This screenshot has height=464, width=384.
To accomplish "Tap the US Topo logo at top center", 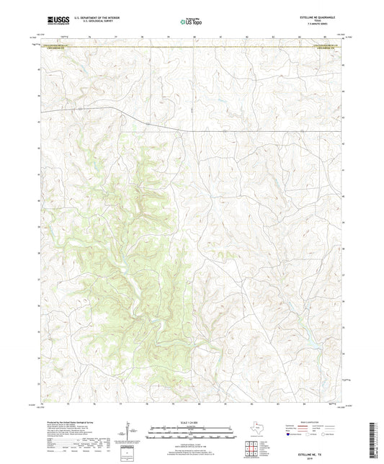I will pos(190,22).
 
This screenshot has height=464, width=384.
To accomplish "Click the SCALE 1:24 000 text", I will pos(190,421).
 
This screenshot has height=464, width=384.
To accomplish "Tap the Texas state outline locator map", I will pos(257,431).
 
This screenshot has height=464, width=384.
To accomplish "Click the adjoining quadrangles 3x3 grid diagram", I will pos(254,448).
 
